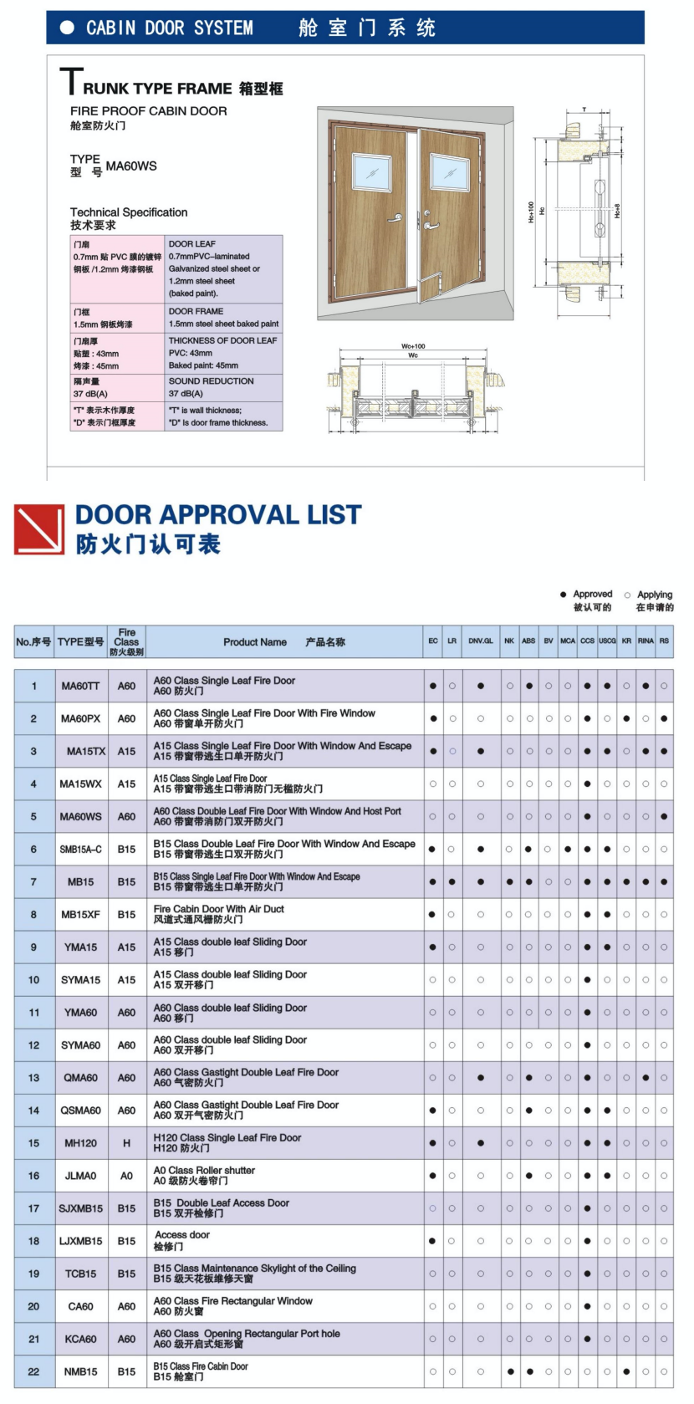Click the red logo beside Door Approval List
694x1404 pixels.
(39, 529)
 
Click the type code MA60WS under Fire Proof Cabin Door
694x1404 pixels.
(131, 166)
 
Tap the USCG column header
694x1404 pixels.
(607, 641)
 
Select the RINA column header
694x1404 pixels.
(646, 641)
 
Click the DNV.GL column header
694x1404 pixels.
(481, 641)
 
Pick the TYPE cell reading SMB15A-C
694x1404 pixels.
(80, 850)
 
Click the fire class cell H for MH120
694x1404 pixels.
(126, 1143)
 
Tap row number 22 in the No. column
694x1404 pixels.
(33, 1371)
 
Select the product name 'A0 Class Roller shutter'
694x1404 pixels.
(204, 1171)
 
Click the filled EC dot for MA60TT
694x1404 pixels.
(433, 687)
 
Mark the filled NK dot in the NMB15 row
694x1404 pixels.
(510, 1371)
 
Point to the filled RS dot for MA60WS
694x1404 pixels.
(664, 817)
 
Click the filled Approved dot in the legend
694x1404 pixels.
(564, 595)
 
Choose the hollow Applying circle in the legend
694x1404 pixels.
(628, 595)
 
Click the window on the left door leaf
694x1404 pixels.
(372, 172)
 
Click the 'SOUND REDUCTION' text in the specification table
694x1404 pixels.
(211, 381)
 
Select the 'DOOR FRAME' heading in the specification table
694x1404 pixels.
(196, 311)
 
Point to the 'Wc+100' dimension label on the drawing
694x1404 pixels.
(413, 345)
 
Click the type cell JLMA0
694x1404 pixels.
(80, 1176)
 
